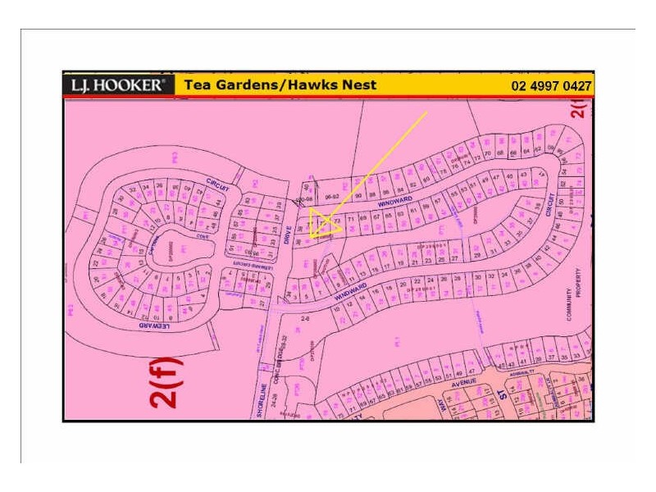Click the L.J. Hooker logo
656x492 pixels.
tap(118, 85)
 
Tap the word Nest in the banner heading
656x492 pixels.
tap(359, 85)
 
